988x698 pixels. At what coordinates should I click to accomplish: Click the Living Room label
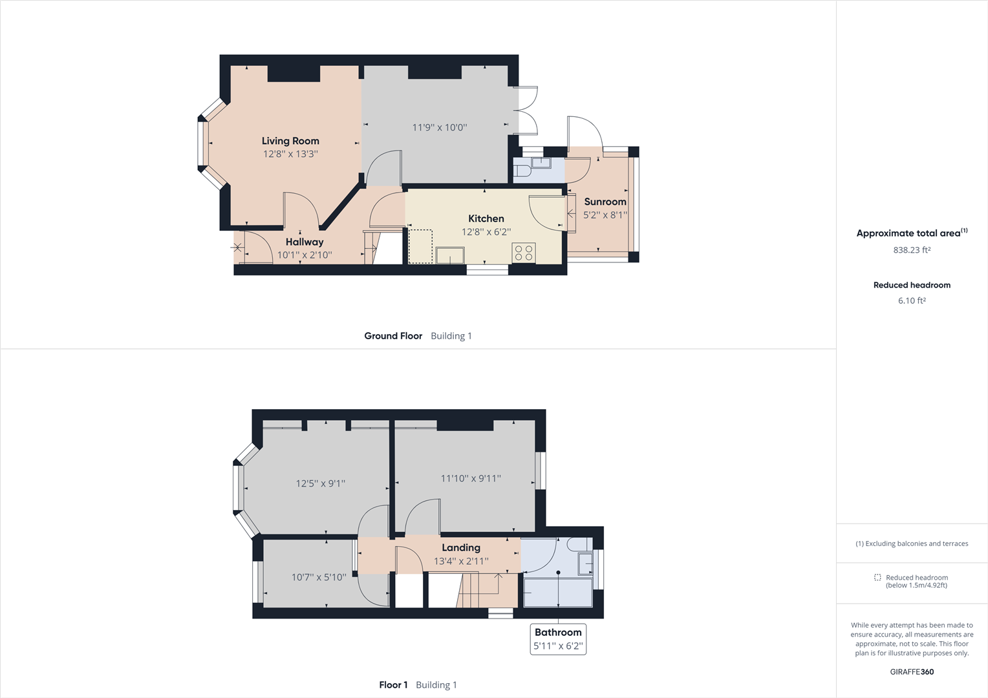point(290,141)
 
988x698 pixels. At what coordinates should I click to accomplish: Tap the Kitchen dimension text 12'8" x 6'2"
point(486,232)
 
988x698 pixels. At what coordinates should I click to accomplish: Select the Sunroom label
point(605,202)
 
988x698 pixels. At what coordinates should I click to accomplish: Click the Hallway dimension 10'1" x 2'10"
point(305,255)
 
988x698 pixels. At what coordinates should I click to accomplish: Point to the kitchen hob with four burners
point(524,253)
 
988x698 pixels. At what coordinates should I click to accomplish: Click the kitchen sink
point(450,255)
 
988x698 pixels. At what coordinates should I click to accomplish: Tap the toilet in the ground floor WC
point(522,171)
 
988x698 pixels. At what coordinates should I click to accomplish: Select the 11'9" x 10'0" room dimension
point(439,128)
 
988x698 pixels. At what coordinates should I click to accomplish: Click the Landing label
point(460,547)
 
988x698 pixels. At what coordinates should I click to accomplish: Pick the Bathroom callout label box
point(558,639)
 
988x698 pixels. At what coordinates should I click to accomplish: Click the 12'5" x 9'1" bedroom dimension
point(320,483)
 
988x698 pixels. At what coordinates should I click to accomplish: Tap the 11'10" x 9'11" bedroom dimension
point(471,479)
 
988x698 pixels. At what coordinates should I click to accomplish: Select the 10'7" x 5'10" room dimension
point(318,577)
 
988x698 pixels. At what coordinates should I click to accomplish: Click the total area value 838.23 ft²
point(912,250)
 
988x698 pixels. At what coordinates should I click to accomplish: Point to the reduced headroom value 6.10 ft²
point(912,301)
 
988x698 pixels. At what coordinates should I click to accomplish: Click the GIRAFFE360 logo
point(912,672)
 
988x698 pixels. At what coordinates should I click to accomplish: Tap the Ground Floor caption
point(393,336)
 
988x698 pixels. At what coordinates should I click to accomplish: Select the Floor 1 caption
point(393,685)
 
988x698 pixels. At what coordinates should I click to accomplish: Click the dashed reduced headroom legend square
point(877,577)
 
